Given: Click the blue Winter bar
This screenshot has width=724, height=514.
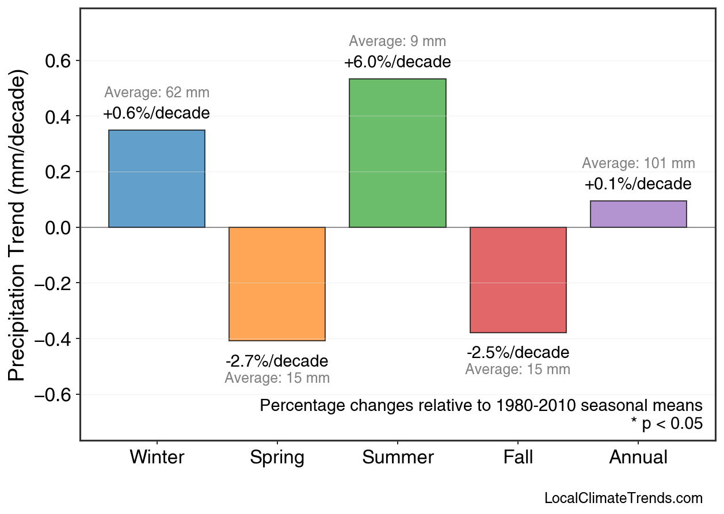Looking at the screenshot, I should (x=157, y=179).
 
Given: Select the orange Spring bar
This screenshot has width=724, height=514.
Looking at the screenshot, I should (x=277, y=284).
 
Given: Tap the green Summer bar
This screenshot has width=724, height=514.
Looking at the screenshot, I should (x=397, y=153).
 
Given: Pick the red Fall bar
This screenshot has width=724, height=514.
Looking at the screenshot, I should (x=518, y=280).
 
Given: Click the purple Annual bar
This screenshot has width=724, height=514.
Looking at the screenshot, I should (x=638, y=214).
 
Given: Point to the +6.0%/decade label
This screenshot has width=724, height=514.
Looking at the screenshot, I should (x=397, y=62).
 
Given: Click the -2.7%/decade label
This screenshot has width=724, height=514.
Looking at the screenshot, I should (x=277, y=361).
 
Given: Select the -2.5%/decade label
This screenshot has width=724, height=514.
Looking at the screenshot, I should (x=518, y=352).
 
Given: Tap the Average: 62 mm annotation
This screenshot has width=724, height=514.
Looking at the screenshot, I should (x=157, y=93).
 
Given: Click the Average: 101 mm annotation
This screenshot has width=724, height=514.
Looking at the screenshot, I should (x=638, y=163).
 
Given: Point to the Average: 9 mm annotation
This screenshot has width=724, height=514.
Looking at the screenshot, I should (x=397, y=41).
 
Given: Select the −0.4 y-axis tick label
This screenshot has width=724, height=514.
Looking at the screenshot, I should (x=57, y=339).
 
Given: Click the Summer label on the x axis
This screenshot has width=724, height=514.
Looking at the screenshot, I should (x=398, y=458).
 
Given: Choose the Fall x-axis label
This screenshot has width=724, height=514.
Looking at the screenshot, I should (x=518, y=458).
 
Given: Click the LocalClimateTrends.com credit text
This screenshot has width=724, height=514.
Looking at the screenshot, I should (x=623, y=498).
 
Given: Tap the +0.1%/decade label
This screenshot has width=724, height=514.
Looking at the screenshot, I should (x=638, y=185).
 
